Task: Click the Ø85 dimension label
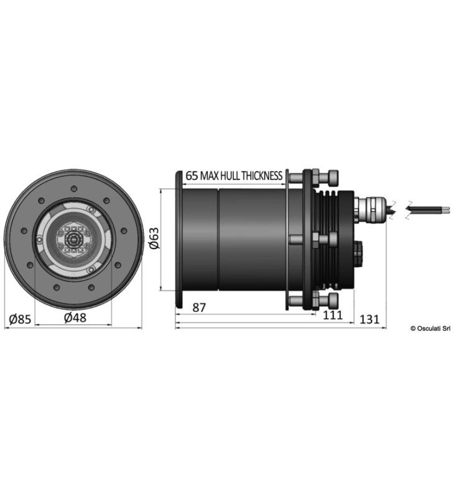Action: [x=21, y=319]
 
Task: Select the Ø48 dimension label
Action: [x=75, y=317]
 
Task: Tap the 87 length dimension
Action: [x=199, y=308]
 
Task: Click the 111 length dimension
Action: [x=333, y=315]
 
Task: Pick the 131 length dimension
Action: [x=370, y=319]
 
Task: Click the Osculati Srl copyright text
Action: [x=431, y=329]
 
